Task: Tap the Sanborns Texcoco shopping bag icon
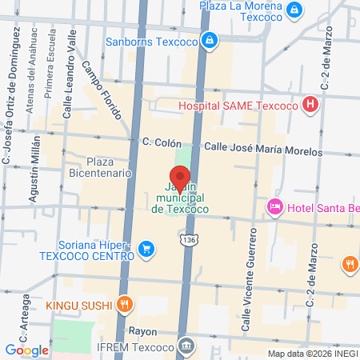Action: [210, 38]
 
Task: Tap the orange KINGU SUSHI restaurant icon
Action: [124, 303]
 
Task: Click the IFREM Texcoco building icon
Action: [186, 346]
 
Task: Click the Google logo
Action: [26, 350]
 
